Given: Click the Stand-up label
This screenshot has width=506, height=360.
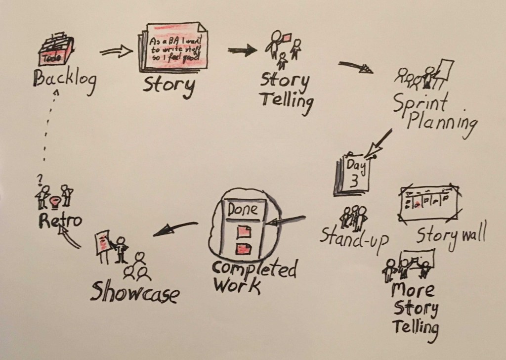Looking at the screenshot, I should pos(353,237).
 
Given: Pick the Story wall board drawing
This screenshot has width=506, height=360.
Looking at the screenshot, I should pos(428,202).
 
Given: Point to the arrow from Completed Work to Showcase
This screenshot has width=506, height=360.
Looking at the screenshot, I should pos(175,227).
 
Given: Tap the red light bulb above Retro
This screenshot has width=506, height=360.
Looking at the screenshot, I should pos(54,200).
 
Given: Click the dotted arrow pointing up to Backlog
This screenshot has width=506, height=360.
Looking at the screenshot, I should pos(49,129).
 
